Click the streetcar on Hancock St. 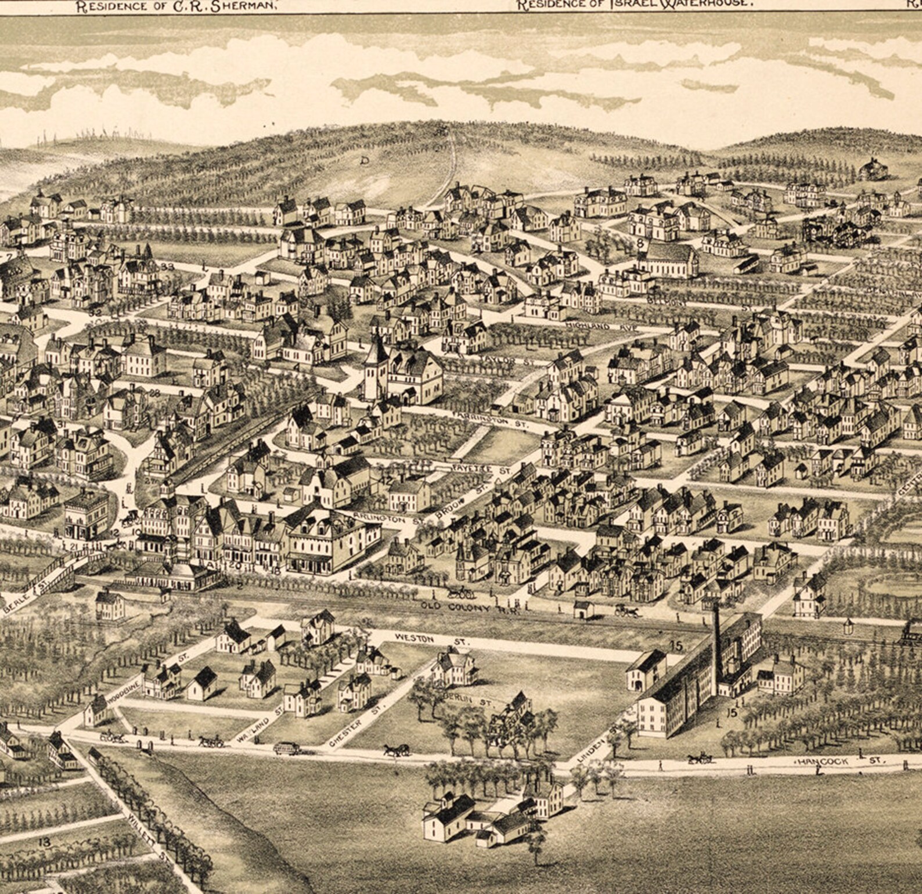(287, 748)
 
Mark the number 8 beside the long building (640, 244)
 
